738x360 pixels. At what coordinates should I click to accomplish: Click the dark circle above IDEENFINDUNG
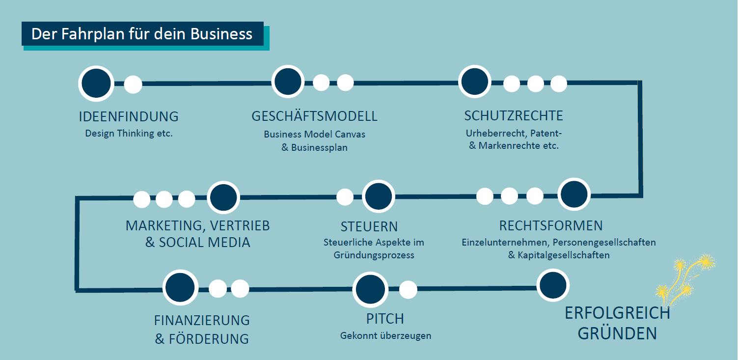[96, 83]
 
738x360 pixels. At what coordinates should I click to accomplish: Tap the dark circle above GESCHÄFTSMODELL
[288, 82]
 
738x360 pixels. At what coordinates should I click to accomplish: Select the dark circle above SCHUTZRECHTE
[475, 82]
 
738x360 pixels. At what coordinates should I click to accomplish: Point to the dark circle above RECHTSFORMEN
[574, 195]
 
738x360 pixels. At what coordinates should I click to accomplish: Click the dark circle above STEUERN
[379, 196]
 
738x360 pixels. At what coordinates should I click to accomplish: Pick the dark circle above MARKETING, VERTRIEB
[223, 198]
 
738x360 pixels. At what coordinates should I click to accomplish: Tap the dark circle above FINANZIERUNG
[180, 288]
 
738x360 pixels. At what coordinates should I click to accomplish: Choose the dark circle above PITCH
[371, 289]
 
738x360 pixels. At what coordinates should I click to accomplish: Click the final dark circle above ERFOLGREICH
[552, 285]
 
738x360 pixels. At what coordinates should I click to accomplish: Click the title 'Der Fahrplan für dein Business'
[142, 34]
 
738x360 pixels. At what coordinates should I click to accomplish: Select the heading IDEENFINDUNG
[129, 117]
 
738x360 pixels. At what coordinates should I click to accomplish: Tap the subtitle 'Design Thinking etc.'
[129, 133]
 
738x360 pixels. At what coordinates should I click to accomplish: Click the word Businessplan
[319, 147]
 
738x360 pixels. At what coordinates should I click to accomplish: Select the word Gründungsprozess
[374, 255]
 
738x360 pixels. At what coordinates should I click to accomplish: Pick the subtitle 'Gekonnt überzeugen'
[386, 336]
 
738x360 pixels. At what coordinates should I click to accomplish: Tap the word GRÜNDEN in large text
[617, 333]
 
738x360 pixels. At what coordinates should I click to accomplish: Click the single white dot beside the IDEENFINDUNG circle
[133, 84]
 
